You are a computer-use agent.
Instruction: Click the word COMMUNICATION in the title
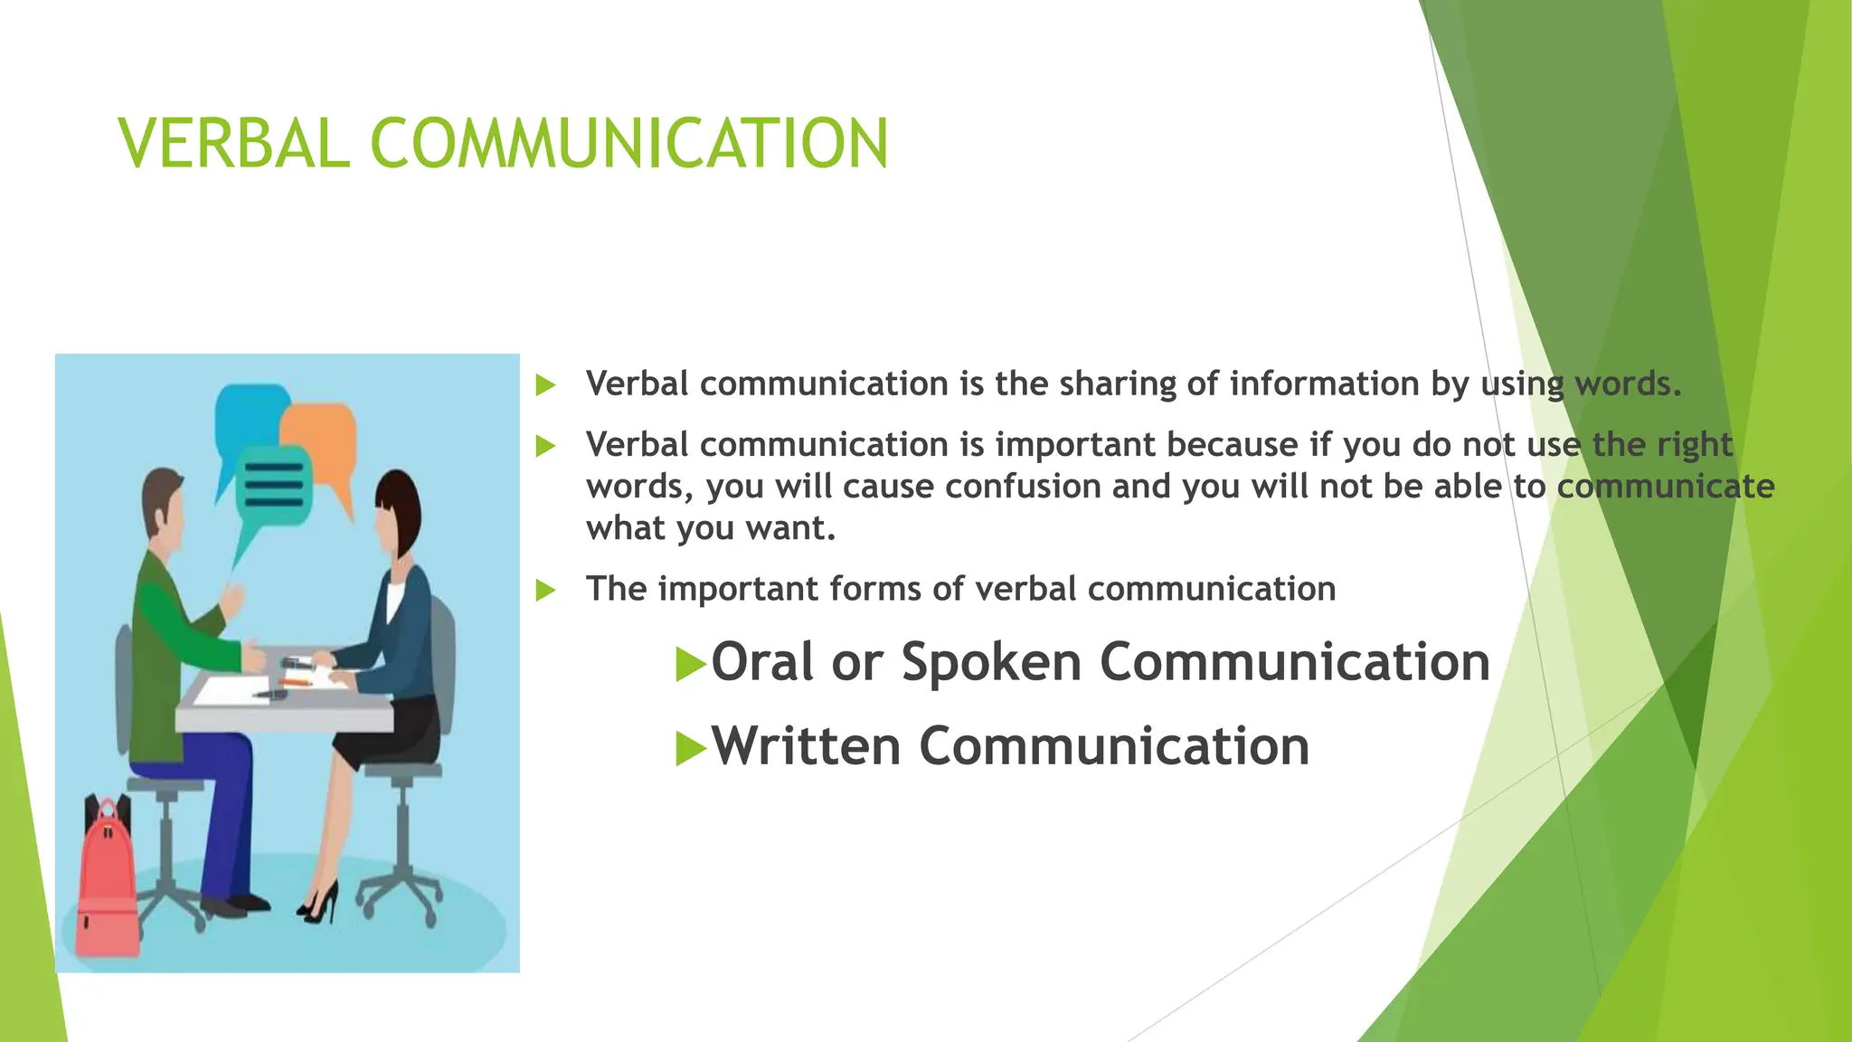[629, 144]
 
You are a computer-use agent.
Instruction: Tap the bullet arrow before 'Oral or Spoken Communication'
[689, 665]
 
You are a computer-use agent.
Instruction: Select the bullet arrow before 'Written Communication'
[689, 749]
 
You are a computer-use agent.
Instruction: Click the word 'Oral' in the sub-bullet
[763, 661]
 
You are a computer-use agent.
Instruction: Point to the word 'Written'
[806, 747]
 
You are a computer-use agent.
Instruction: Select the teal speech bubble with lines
[274, 486]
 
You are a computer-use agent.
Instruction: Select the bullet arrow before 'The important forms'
[545, 591]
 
